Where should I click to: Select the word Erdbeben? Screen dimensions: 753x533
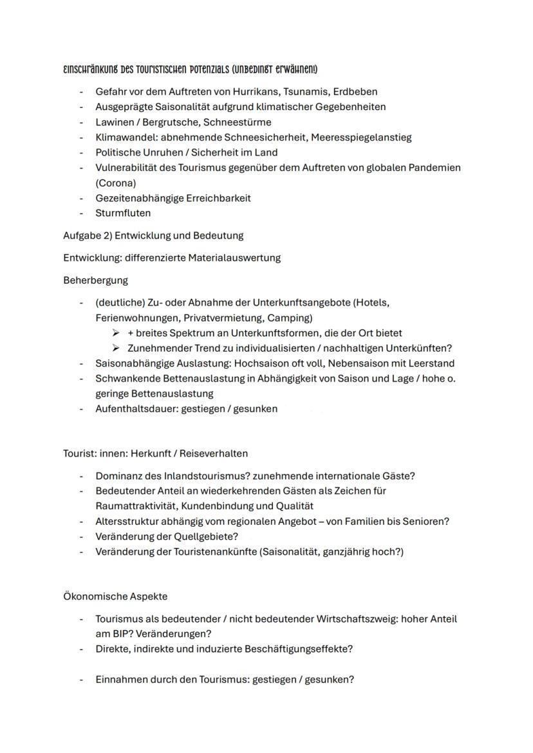356,91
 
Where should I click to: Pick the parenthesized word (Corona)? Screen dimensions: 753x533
116,183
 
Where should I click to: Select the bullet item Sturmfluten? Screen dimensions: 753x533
123,213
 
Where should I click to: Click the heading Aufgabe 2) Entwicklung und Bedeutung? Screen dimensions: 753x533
153,235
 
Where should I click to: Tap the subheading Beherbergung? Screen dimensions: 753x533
95,280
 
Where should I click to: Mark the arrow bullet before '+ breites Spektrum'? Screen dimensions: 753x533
115,333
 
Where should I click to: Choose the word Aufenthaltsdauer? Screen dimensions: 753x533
134,408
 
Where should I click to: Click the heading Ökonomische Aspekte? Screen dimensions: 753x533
115,596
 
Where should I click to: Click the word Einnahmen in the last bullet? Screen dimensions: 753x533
120,678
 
